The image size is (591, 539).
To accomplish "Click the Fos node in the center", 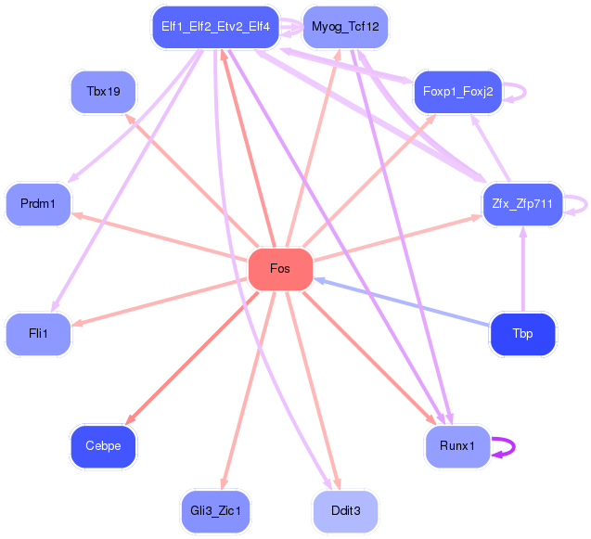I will click(280, 269).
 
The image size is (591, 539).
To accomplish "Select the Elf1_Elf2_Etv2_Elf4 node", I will click(215, 27).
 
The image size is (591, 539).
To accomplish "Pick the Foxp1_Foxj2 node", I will click(457, 91).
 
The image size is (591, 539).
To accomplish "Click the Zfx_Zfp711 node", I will click(523, 203).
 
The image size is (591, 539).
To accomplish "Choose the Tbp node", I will click(522, 334).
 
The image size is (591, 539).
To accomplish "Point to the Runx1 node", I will click(457, 446).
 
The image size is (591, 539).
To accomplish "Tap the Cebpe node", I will click(103, 446).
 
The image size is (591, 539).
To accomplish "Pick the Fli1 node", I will click(38, 334).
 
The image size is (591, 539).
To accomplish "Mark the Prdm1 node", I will click(38, 203).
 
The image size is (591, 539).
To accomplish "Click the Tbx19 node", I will click(103, 91).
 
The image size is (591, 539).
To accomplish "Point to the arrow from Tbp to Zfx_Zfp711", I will click(523, 269).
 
